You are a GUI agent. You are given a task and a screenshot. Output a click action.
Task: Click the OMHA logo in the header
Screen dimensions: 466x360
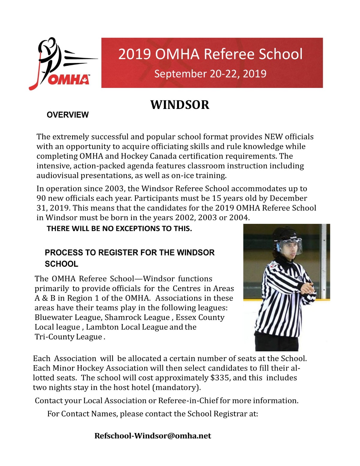61,64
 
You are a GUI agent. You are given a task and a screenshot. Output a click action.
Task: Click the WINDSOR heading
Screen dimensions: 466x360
180,105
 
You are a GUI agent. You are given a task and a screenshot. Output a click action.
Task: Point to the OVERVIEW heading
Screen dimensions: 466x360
67,115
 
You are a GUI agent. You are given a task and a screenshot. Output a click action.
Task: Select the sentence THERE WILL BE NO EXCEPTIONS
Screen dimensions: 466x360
119,229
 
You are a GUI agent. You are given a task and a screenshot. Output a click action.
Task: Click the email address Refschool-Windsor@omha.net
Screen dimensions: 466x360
153,436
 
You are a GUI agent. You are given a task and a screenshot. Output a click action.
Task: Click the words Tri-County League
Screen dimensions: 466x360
68,337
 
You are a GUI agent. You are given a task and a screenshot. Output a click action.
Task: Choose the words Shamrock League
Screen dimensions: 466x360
137,317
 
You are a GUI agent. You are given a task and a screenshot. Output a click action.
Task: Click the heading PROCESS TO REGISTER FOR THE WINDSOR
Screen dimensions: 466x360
130,253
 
